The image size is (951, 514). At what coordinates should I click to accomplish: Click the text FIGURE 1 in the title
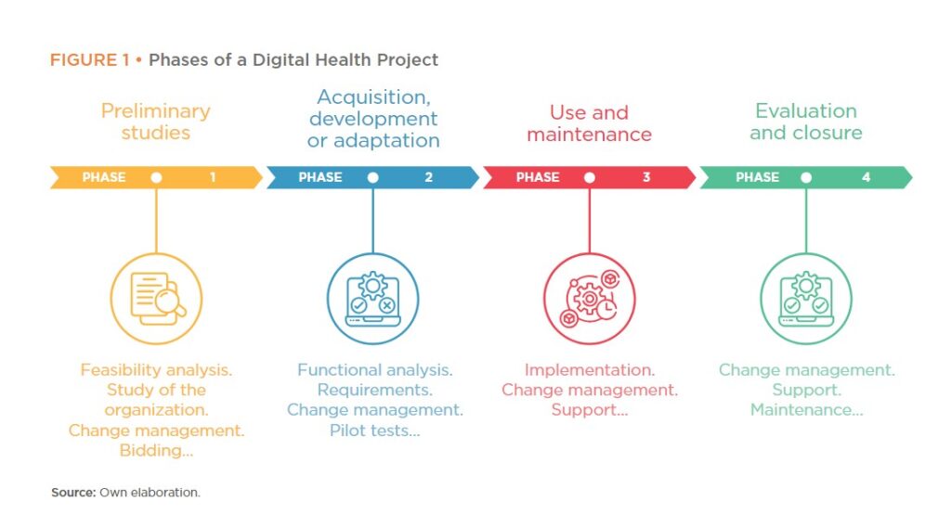tap(90, 60)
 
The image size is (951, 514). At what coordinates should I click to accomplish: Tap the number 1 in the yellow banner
tap(213, 177)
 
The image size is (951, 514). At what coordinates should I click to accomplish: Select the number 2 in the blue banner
tap(429, 177)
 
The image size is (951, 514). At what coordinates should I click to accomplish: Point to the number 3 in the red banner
tap(646, 177)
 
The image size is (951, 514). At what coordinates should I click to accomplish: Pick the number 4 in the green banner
tap(866, 177)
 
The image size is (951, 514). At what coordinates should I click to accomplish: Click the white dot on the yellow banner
tap(156, 177)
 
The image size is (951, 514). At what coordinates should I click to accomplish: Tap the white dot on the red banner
tap(590, 177)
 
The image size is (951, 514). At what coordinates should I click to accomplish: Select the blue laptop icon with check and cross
tap(373, 299)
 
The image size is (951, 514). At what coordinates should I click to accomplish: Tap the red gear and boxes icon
tap(590, 299)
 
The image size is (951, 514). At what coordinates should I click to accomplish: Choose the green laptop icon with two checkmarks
tap(806, 299)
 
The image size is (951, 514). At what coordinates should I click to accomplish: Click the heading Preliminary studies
tap(156, 122)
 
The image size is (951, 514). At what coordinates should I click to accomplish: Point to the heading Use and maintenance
tap(590, 123)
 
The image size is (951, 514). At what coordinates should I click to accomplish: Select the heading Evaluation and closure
tap(806, 122)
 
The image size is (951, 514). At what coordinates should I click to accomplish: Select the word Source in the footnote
tap(72, 492)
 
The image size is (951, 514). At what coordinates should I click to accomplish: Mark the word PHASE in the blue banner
tap(320, 177)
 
